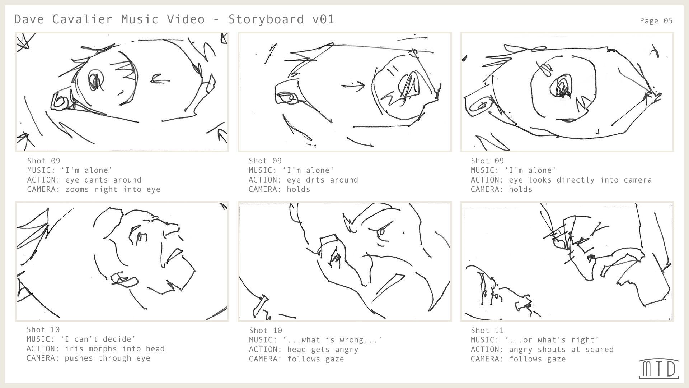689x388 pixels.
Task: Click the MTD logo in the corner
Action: tap(659, 369)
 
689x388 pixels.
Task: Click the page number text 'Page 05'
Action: tap(656, 21)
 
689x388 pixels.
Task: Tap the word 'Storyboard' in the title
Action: tap(266, 19)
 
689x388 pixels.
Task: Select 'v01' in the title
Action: tap(323, 19)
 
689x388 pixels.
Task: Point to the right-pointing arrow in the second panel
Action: tap(353, 86)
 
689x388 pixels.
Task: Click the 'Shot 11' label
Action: tap(487, 331)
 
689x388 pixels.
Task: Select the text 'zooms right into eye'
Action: tap(113, 190)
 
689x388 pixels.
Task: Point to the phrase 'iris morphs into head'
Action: tap(114, 349)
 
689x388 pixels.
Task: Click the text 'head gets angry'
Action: tap(322, 350)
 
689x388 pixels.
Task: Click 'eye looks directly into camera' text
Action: tap(580, 180)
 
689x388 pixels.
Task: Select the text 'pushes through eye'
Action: tap(107, 359)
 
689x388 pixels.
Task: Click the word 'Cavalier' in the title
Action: tap(82, 19)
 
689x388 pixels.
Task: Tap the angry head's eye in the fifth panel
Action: tap(381, 231)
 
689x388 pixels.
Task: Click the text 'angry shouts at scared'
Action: tap(561, 350)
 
